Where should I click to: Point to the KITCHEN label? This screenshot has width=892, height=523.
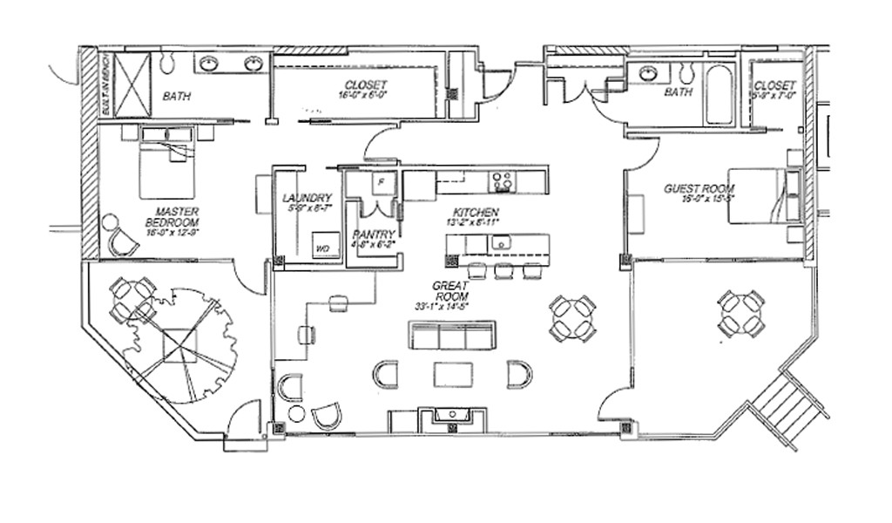(x=476, y=213)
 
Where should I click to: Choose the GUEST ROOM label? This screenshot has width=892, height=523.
(x=699, y=188)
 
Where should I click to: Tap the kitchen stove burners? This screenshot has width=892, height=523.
(x=502, y=181)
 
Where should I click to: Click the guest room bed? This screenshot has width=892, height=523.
(x=763, y=196)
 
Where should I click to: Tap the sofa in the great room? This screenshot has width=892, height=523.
(x=452, y=335)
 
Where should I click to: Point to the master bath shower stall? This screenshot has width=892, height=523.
(x=132, y=85)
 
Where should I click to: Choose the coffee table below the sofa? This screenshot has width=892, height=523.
(x=452, y=374)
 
